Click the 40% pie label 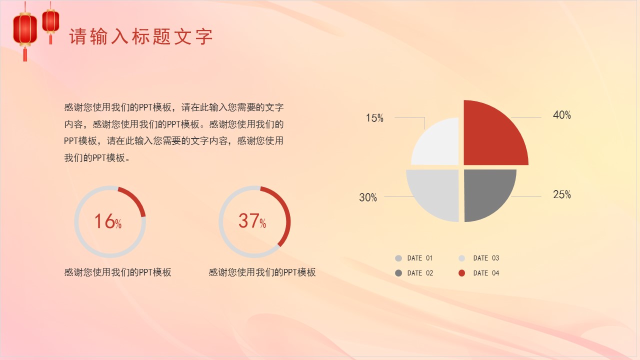561,115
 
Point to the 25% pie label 561,195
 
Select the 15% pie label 374,118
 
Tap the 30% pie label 368,198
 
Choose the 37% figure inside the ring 252,221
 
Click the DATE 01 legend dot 398,258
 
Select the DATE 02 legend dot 398,273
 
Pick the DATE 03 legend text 486,258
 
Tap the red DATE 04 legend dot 461,273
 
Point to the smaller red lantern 50,21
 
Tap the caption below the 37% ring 262,272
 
